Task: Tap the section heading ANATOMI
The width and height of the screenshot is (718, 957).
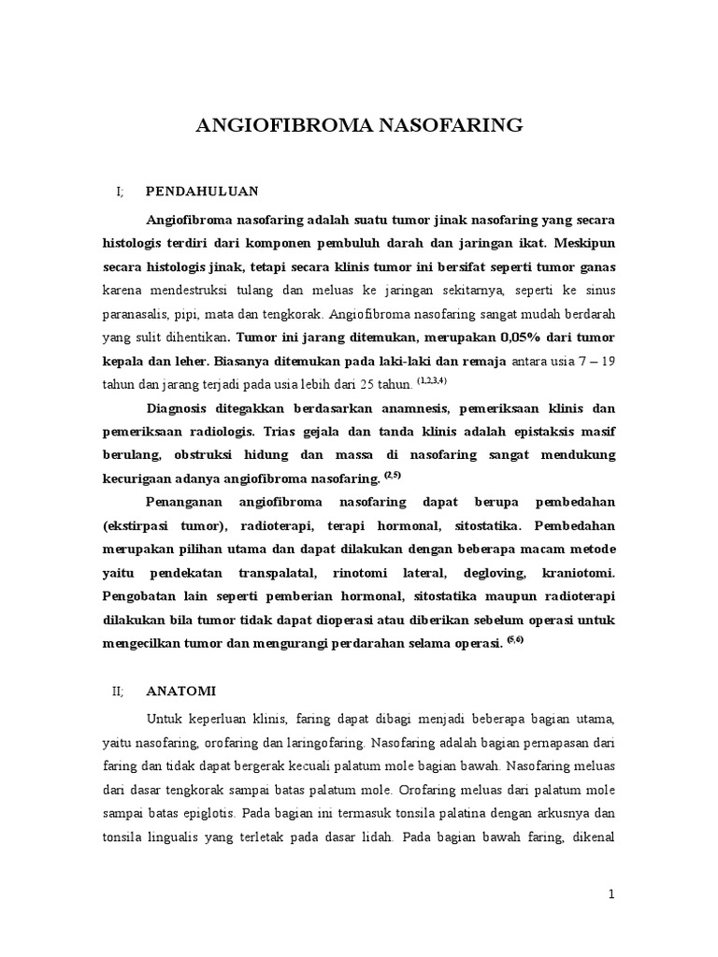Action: tap(181, 692)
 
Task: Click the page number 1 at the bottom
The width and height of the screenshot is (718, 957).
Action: tap(612, 894)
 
